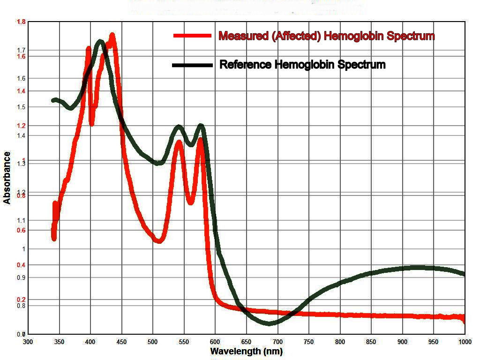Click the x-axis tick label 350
(59, 342)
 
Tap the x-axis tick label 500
(153, 342)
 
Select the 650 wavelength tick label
(247, 342)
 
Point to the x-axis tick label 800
(340, 342)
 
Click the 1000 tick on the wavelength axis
(465, 342)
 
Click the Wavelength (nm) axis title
(246, 351)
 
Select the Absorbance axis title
(7, 178)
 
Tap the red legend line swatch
(192, 36)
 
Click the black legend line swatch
(192, 65)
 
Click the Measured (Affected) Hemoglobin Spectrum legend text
(327, 36)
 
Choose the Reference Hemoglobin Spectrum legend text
(302, 65)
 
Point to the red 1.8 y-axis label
(22, 22)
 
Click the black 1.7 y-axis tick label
(22, 50)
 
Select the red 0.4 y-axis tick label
(22, 265)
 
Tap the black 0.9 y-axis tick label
(22, 277)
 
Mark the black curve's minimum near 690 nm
(270, 323)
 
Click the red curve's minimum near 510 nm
(158, 240)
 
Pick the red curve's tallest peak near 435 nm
(112, 36)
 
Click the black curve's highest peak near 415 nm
(100, 42)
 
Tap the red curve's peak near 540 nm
(179, 142)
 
